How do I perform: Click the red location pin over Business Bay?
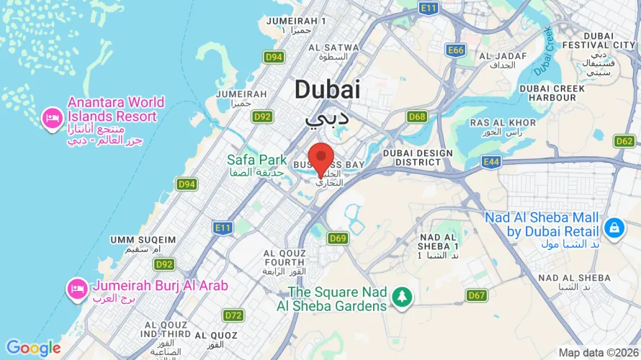(x=320, y=158)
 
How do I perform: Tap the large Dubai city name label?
(x=327, y=89)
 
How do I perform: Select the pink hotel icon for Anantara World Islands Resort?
(x=52, y=117)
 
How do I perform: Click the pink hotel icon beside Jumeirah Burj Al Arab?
(x=76, y=289)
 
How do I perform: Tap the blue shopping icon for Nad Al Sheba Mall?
(x=614, y=228)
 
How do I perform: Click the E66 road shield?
(x=455, y=50)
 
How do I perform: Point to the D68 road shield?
(x=416, y=116)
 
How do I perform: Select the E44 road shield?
(x=491, y=162)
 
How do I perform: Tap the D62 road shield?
(x=624, y=141)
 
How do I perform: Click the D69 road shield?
(x=338, y=238)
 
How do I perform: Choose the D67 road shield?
(x=476, y=295)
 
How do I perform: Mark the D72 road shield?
(x=233, y=315)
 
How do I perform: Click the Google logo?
(x=33, y=348)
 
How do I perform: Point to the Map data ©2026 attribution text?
(x=599, y=353)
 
